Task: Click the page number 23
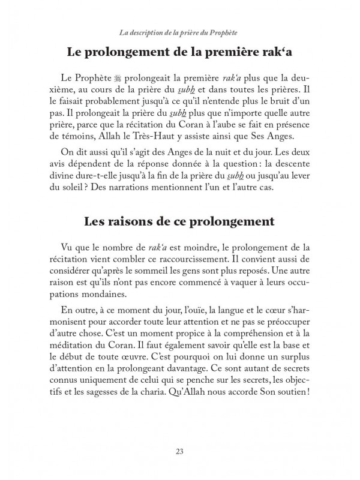(x=180, y=451)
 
